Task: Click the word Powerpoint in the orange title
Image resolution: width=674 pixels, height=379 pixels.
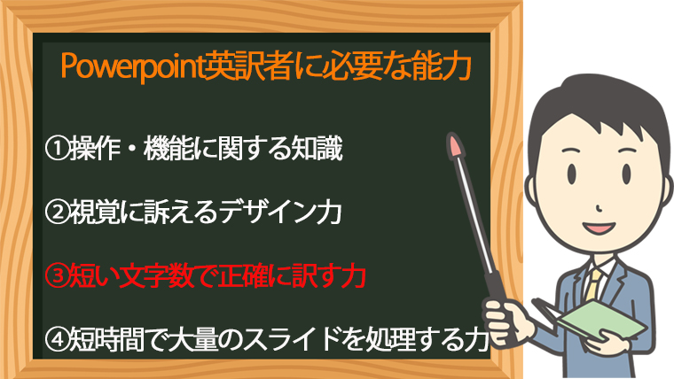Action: tap(132, 66)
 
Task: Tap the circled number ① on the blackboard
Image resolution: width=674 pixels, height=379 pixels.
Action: tap(57, 149)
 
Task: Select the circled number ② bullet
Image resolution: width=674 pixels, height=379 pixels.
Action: tap(57, 213)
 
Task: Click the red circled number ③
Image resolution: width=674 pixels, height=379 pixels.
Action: tap(57, 276)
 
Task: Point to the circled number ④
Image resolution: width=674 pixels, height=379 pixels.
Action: tap(57, 339)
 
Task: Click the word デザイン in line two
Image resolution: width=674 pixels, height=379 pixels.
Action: tap(267, 213)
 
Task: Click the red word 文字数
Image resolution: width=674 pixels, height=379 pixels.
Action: tap(156, 276)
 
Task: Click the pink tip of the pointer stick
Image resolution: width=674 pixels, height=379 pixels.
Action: tap(455, 145)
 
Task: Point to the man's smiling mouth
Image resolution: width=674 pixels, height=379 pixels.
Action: tap(599, 227)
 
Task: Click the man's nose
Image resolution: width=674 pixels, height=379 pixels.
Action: tap(600, 208)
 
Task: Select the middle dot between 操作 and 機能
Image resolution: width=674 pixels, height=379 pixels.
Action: tap(131, 149)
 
